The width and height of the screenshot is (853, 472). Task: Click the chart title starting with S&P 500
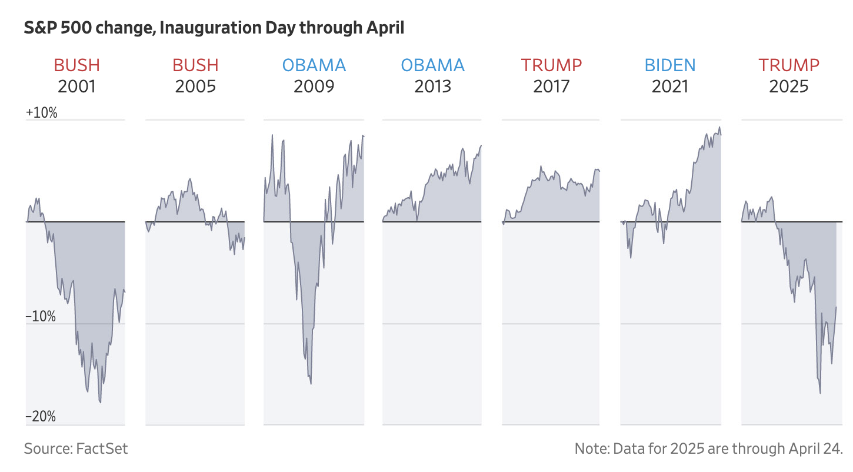click(x=214, y=28)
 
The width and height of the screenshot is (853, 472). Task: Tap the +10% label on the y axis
click(x=42, y=113)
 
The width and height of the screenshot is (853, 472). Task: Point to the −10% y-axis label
click(x=41, y=317)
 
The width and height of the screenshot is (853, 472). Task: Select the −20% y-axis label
click(x=41, y=417)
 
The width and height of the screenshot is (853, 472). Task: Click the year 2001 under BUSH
click(x=76, y=87)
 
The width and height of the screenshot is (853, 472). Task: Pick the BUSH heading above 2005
click(x=195, y=65)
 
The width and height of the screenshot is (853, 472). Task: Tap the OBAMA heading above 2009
click(x=314, y=65)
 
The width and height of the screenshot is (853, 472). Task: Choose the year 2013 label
click(x=432, y=87)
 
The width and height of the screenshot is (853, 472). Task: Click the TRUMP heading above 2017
click(x=551, y=65)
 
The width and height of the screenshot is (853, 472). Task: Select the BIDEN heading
click(x=670, y=65)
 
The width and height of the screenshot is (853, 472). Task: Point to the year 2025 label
click(x=788, y=87)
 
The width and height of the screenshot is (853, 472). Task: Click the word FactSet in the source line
click(x=102, y=449)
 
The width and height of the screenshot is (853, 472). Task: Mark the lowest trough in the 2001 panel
click(x=101, y=403)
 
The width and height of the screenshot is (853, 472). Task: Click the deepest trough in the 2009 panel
click(x=311, y=384)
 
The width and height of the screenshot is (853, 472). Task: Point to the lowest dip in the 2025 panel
click(x=820, y=393)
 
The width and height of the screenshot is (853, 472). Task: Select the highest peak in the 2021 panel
click(x=719, y=127)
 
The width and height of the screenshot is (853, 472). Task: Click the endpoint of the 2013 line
click(x=481, y=145)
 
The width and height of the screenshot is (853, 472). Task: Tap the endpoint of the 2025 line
click(x=836, y=307)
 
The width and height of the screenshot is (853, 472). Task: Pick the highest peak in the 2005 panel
click(x=190, y=178)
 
